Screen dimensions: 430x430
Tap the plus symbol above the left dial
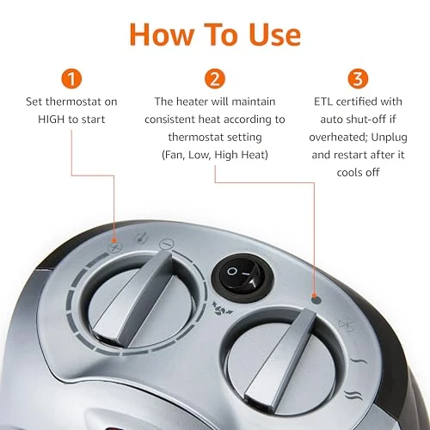pos(111,245)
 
